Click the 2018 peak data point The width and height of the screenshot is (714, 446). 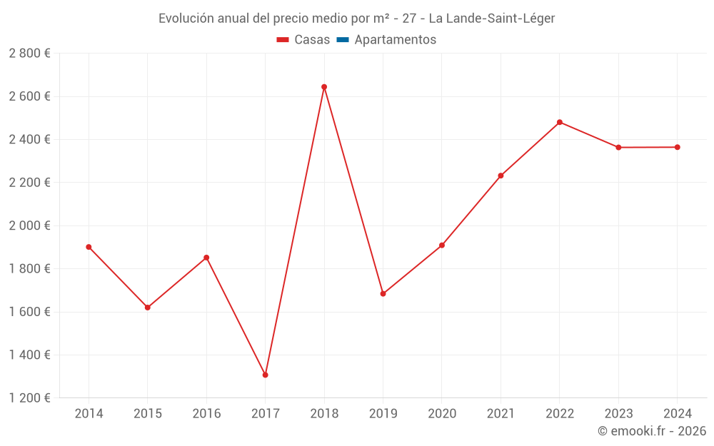pos(324,87)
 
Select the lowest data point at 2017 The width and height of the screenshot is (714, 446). pos(265,375)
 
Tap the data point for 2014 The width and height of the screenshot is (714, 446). pos(89,247)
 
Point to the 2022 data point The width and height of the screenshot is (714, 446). pos(560,122)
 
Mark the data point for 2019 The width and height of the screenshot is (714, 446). pos(383,293)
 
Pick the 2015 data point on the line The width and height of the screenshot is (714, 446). pos(148,308)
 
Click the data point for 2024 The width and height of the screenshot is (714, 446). pos(678,147)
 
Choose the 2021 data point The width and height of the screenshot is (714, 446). pos(501,176)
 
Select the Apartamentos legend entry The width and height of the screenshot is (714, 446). pos(395,40)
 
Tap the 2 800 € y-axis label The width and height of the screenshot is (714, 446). pos(29,54)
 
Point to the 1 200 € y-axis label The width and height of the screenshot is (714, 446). pos(29,398)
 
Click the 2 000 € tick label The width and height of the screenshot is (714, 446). pos(29,225)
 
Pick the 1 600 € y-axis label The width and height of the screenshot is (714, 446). pos(29,312)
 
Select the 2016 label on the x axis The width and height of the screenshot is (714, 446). pos(206,414)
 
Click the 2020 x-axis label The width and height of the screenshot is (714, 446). pos(442,414)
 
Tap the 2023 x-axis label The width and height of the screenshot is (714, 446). pos(618,414)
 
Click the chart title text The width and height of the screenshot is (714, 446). pos(356,19)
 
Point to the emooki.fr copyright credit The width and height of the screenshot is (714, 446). pos(651,431)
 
